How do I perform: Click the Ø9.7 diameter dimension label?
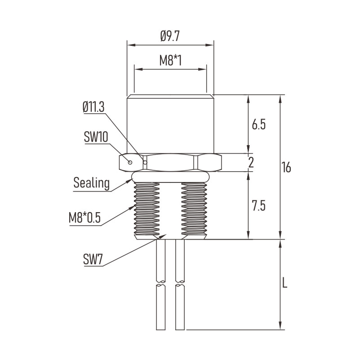[170, 36]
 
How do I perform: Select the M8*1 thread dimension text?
[170, 61]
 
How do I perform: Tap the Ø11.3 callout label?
[93, 107]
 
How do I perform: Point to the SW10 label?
[96, 137]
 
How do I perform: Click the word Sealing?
[91, 183]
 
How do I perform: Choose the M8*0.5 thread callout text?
[85, 217]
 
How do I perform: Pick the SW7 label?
[93, 260]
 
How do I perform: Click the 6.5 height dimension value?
[259, 124]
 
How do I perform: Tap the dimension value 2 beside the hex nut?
[251, 162]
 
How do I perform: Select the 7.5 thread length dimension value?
[259, 205]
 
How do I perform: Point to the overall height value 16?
[286, 167]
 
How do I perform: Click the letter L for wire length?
[284, 283]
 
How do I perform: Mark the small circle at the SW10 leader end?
[130, 162]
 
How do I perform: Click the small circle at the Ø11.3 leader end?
[145, 163]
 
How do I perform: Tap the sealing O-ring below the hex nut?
[171, 177]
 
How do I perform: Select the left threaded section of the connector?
[147, 210]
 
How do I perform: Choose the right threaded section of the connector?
[194, 210]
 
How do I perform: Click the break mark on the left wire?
[161, 284]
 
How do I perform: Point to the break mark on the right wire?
[180, 284]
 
